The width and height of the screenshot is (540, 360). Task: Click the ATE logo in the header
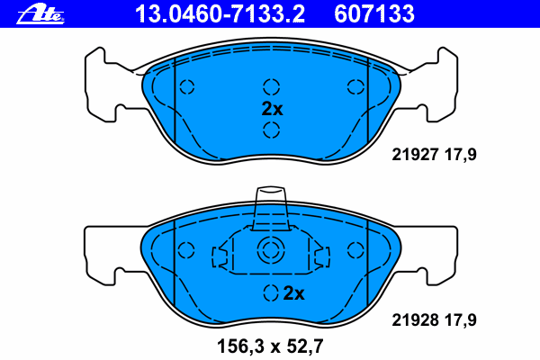(x=40, y=14)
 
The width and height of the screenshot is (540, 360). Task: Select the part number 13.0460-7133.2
(x=220, y=14)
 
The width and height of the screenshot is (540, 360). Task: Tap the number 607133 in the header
(x=374, y=14)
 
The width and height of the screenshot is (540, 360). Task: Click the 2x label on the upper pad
(x=272, y=109)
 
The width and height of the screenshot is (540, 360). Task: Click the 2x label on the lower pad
(x=293, y=293)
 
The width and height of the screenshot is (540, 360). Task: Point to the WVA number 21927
(x=415, y=155)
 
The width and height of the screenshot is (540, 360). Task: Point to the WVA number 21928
(x=415, y=320)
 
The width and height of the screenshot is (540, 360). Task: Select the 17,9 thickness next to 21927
(x=461, y=155)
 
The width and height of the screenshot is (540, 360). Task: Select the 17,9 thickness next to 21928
(x=461, y=320)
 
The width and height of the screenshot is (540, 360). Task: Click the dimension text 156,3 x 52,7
(x=270, y=346)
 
